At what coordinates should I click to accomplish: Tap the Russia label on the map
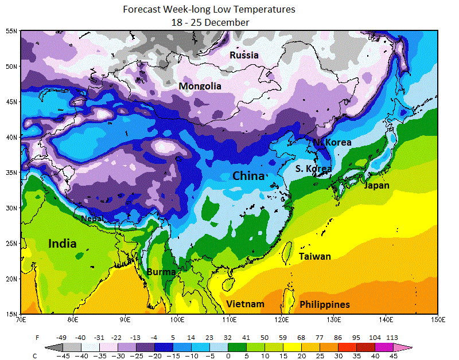click(244, 55)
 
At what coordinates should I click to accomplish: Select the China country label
click(248, 175)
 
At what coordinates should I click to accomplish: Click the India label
click(62, 244)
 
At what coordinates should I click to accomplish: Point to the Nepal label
click(92, 218)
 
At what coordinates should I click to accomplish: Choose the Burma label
click(161, 272)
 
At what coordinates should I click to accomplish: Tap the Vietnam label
click(245, 304)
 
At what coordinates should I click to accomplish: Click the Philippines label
click(325, 304)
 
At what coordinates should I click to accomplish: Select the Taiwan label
click(315, 256)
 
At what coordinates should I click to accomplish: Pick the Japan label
click(376, 185)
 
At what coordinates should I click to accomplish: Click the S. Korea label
click(313, 169)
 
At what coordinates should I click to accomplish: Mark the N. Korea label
click(332, 142)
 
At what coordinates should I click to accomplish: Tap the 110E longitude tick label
click(229, 319)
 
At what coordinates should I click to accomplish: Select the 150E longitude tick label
click(438, 319)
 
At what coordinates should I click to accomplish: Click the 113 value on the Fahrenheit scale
click(392, 338)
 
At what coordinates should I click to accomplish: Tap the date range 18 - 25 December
click(210, 22)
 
